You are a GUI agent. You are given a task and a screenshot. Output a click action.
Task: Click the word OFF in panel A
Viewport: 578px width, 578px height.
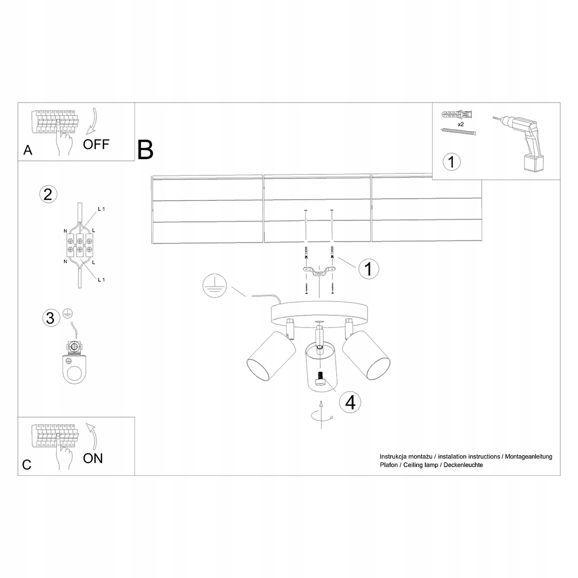(x=96, y=144)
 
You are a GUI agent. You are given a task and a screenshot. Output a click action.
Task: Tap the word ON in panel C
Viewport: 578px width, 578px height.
(x=93, y=458)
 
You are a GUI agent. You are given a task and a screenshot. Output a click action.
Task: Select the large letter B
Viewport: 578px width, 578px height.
(x=145, y=150)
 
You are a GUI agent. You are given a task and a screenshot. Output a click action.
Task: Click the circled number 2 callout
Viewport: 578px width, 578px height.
(x=47, y=194)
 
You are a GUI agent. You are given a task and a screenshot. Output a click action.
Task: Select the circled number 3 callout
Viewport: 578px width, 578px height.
(x=50, y=318)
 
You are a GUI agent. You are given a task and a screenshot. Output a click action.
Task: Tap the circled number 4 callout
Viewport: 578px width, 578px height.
(x=350, y=402)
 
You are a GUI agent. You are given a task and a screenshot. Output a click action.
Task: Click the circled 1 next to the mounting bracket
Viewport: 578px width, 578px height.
(x=368, y=269)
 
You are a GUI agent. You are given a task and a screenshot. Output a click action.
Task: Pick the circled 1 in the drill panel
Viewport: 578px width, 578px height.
(x=451, y=161)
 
